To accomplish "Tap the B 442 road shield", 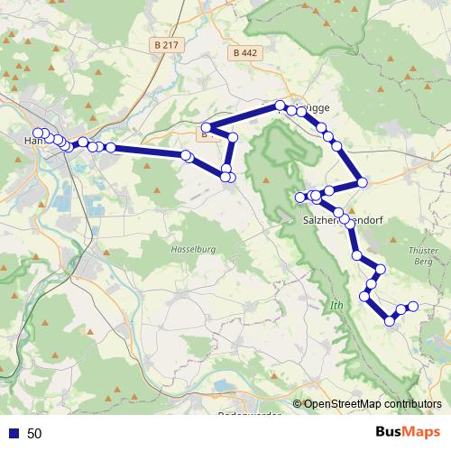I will pos(244,53).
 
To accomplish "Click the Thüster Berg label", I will pos(421,255).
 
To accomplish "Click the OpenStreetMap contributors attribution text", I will pos(372,405).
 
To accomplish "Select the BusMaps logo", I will pos(408,432).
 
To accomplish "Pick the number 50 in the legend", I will pos(34,433).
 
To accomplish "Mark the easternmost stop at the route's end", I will pos(413,307).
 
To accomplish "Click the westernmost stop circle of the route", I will pos(37,133).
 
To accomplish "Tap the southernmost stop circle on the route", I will pos(390,320).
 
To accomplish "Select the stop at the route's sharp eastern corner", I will pos(362,183).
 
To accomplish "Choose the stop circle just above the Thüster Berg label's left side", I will pos(380,270).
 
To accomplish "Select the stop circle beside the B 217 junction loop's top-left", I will pos(207,127).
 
